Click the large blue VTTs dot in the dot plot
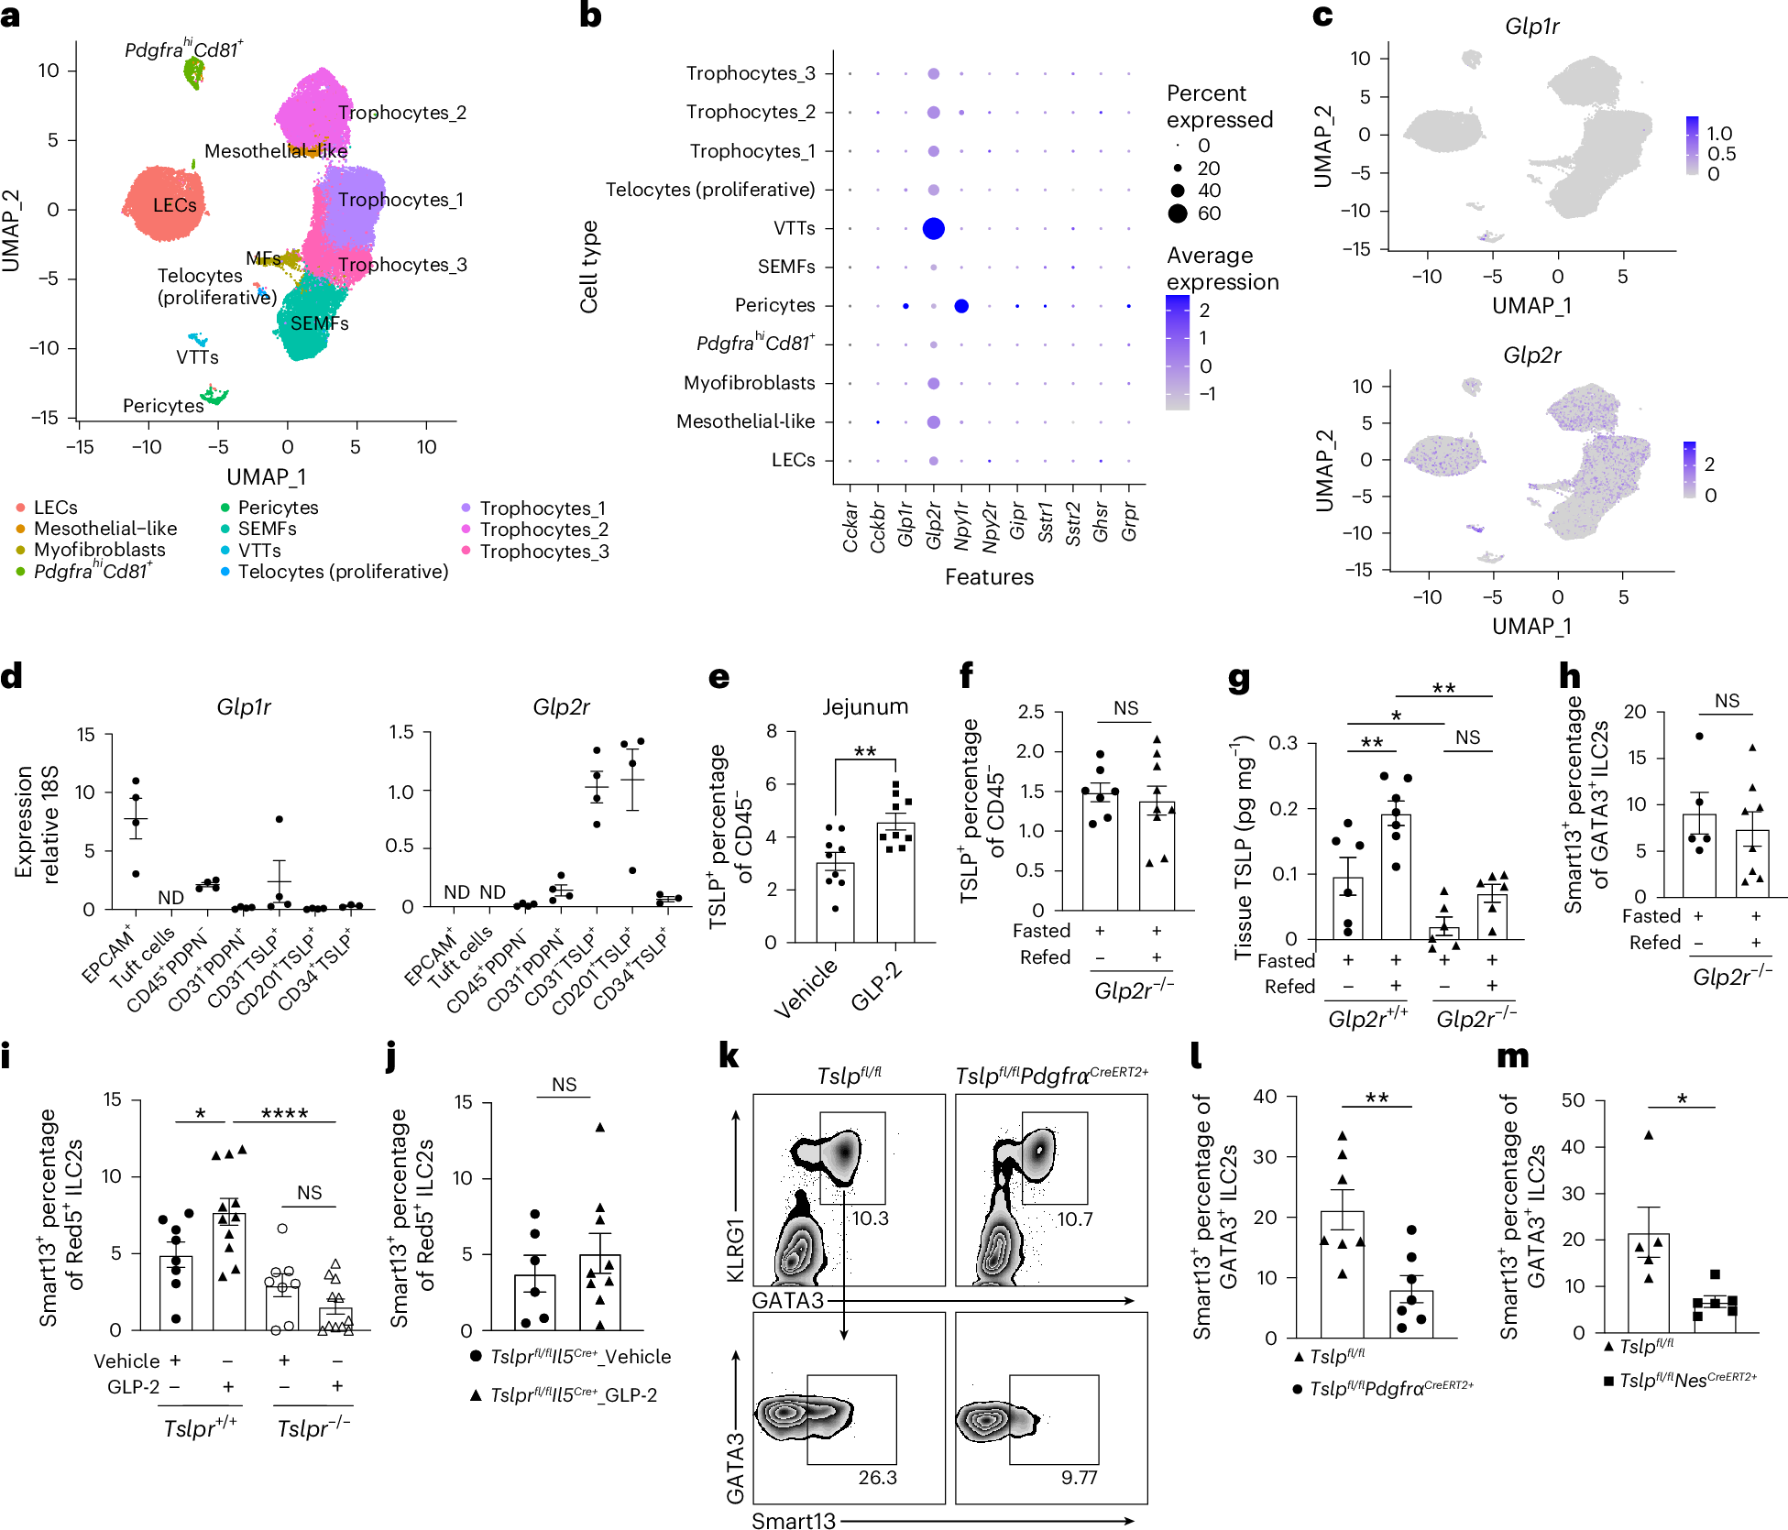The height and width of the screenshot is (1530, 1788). [933, 228]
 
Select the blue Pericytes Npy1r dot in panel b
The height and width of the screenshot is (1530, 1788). [960, 306]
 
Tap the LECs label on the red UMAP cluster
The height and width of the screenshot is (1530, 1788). [174, 204]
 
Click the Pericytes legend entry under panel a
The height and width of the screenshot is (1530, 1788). [277, 508]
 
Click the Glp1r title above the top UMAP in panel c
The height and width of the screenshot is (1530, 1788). [1531, 26]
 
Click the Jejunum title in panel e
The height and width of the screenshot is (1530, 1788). [864, 706]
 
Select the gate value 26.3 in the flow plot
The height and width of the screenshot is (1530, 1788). [877, 1477]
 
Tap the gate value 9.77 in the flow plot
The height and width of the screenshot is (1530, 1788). [1079, 1477]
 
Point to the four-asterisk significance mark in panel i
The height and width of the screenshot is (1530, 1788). [284, 1114]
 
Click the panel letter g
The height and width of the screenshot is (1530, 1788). [1239, 679]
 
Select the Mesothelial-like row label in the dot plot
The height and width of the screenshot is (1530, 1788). [745, 421]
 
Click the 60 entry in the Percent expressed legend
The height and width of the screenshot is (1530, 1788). [1209, 213]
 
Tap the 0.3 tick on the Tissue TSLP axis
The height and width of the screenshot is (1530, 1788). [1283, 742]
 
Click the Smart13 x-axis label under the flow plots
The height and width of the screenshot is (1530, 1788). [794, 1521]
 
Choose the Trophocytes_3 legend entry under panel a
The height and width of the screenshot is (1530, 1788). [543, 552]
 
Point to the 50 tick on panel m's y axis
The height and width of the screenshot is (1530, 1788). [1573, 1099]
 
